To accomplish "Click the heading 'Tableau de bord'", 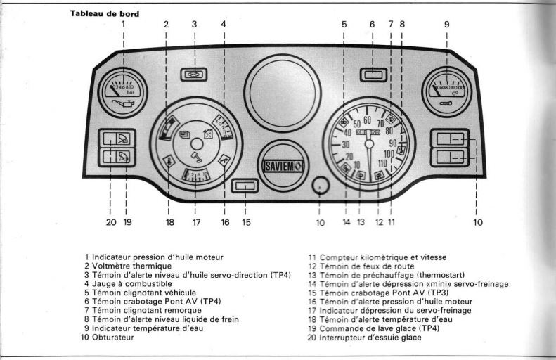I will pos(105,13).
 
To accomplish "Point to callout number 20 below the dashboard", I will pos(110,223).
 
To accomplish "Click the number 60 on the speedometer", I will pos(367,120).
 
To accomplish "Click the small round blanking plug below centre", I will pos(320,186).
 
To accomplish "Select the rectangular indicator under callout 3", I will pos(194,74).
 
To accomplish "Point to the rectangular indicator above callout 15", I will pos(245,186).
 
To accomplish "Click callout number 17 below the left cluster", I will pos(196,223).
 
